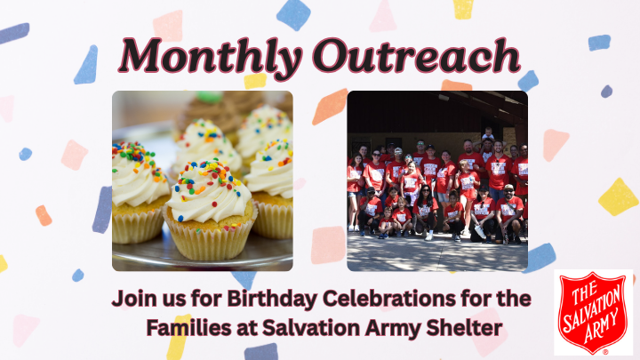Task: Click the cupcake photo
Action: (202, 180)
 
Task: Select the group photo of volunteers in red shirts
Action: (436, 180)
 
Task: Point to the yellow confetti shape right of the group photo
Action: (618, 196)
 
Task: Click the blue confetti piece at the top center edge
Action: (292, 13)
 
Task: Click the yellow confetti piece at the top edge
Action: (463, 8)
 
